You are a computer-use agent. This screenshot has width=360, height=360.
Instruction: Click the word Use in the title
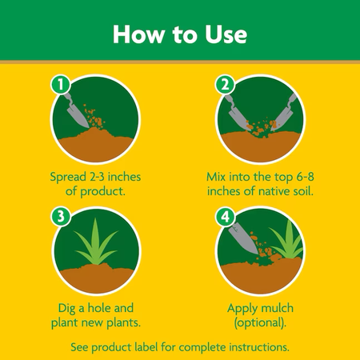(226, 34)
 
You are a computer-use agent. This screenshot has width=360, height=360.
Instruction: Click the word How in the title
(138, 34)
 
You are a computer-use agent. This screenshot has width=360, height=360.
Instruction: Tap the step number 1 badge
(61, 85)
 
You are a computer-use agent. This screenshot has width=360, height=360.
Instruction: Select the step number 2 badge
(226, 85)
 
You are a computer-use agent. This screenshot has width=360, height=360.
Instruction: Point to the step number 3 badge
(61, 216)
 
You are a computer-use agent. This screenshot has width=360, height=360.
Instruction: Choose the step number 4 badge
(226, 216)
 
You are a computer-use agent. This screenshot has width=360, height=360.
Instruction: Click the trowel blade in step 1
(77, 116)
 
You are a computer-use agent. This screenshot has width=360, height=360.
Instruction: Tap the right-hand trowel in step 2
(283, 113)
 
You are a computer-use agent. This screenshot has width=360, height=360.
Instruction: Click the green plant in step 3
(96, 242)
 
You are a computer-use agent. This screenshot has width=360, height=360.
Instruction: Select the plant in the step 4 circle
(287, 241)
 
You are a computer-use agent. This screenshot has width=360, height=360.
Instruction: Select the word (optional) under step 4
(259, 323)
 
